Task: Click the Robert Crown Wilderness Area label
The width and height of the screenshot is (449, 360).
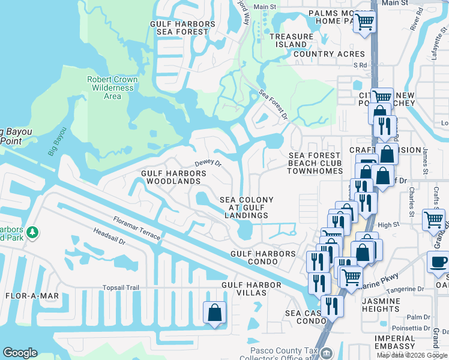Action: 112,88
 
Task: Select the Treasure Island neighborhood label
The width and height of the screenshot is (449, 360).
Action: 291,40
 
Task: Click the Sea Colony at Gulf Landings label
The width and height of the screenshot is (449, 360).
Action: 246,208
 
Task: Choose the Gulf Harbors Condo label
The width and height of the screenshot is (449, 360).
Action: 263,254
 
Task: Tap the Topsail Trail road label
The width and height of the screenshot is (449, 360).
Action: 120,288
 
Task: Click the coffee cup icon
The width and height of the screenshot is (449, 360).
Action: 438,262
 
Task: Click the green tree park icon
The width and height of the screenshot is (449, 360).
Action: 33,232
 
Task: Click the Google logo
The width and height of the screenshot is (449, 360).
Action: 20,353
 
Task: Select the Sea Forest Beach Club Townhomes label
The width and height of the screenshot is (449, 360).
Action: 315,163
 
